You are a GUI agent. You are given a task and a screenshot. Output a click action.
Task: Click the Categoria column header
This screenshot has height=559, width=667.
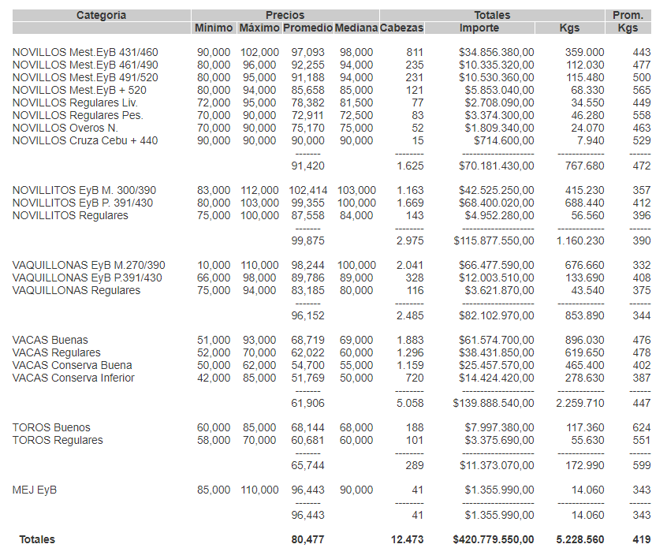101,15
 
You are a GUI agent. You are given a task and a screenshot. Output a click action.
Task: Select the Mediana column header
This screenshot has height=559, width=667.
356,28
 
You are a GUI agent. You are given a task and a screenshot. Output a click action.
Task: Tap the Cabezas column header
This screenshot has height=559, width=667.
401,28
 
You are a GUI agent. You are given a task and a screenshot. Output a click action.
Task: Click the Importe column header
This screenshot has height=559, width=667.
479,28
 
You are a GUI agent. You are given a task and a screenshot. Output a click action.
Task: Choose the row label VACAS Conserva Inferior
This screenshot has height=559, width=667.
73,378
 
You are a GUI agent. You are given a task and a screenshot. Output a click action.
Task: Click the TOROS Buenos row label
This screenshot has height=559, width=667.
51,427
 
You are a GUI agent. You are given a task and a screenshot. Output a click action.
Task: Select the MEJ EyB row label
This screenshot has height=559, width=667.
35,490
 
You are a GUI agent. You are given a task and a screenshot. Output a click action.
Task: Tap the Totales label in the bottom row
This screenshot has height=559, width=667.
37,539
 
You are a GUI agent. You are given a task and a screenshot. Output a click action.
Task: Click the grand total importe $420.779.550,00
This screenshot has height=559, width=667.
494,539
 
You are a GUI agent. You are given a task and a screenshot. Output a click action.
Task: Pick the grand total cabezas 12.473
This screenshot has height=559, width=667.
407,539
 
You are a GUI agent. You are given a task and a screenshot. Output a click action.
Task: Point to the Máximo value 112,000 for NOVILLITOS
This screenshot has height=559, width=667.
259,190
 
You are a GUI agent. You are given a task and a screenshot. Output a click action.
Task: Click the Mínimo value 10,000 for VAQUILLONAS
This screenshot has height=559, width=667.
214,265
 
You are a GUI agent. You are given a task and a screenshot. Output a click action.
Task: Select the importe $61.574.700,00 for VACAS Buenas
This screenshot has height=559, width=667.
496,340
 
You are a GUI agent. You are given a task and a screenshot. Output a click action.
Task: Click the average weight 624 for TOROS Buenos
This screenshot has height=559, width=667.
641,427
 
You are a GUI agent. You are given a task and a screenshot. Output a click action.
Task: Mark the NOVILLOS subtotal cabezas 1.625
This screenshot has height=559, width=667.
410,166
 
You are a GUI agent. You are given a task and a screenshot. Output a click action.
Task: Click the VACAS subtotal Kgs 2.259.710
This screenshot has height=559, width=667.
580,403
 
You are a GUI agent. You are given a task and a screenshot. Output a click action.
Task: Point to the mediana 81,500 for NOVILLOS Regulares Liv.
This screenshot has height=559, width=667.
356,102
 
